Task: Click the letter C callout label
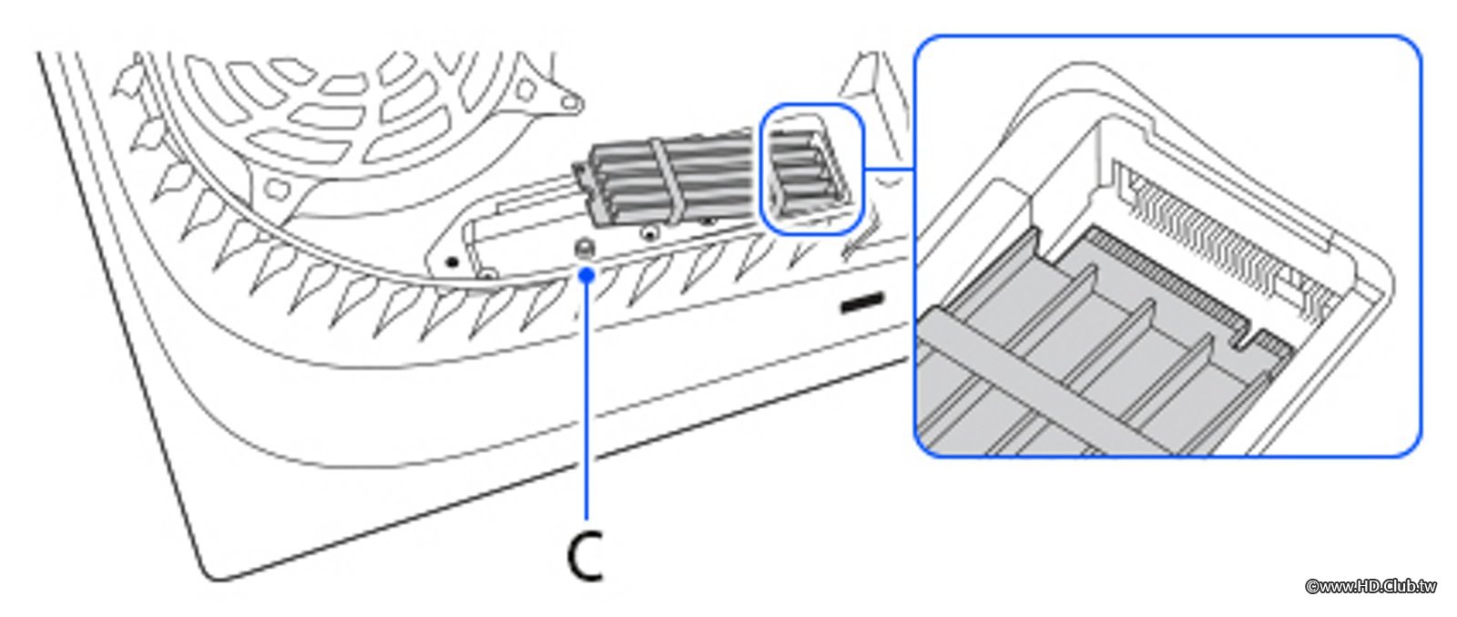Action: click(x=586, y=557)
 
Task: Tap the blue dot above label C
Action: click(x=587, y=275)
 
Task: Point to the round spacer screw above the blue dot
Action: click(x=586, y=248)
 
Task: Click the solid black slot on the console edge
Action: click(x=861, y=303)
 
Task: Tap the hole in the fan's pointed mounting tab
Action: click(x=570, y=101)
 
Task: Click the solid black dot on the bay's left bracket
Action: click(x=453, y=262)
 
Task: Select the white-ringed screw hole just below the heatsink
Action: click(x=647, y=231)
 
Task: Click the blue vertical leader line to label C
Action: click(x=587, y=397)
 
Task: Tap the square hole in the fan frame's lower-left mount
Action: click(x=279, y=189)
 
